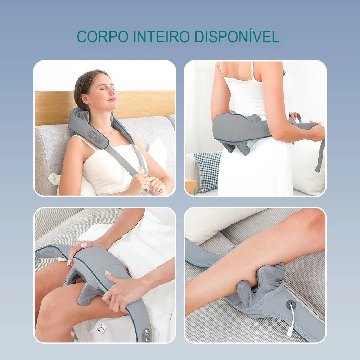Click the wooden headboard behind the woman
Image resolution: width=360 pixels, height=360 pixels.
point(144,103)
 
